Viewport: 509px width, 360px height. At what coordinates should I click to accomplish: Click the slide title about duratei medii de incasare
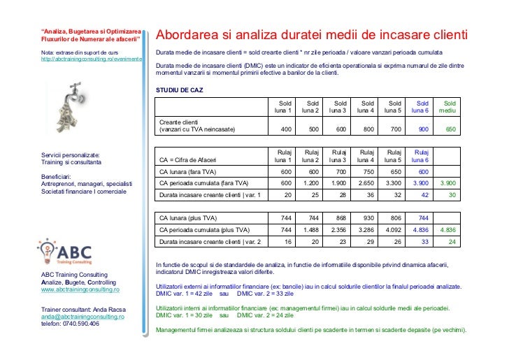(x=311, y=35)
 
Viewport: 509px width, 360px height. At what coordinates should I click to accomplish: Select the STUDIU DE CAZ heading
(x=180, y=91)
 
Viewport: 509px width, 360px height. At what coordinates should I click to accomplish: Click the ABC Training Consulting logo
(x=73, y=250)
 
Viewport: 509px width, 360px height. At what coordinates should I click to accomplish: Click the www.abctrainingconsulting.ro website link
(x=80, y=289)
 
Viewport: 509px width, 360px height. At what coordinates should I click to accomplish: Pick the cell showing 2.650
(x=364, y=182)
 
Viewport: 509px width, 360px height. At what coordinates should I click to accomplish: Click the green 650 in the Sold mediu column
(x=450, y=129)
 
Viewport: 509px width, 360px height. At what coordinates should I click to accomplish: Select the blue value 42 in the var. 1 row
(x=423, y=195)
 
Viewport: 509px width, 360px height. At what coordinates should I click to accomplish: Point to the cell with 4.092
(x=392, y=229)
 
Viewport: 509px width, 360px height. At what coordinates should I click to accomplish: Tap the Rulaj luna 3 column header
(x=338, y=155)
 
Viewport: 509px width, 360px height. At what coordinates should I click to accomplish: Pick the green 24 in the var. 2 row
(x=452, y=242)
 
